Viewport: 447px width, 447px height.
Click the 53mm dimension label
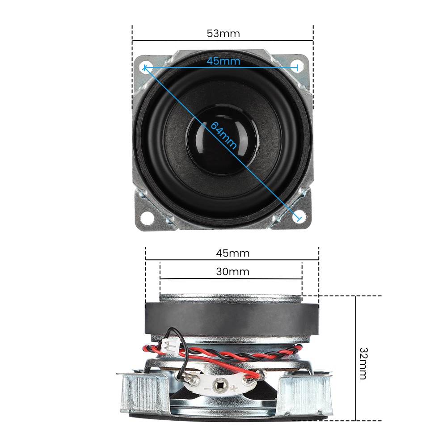[x=223, y=34]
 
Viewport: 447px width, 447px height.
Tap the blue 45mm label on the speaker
[x=223, y=61]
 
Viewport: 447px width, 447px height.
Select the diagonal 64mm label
[x=223, y=135]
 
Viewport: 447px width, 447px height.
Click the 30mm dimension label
[x=232, y=271]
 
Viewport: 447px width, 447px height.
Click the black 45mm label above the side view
[x=232, y=253]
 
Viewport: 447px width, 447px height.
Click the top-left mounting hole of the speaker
[x=145, y=67]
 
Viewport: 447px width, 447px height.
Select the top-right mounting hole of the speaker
[x=297, y=65]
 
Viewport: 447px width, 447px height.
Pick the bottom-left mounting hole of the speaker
[x=147, y=218]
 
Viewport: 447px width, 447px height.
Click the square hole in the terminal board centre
[x=220, y=383]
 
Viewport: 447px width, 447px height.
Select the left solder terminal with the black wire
[x=193, y=380]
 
